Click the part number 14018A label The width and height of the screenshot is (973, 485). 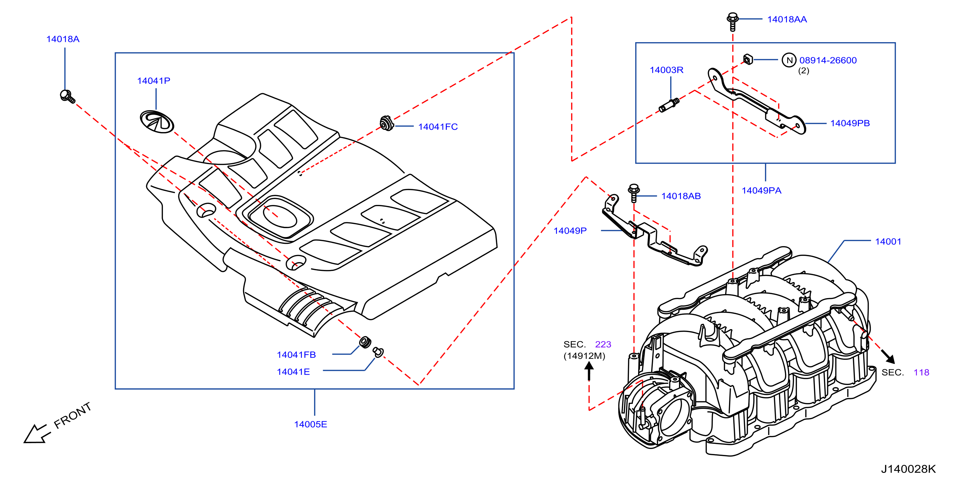63,39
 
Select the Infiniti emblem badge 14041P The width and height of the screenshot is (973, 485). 157,122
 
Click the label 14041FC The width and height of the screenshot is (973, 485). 438,127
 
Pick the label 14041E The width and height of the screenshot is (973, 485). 293,372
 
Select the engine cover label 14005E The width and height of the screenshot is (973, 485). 310,424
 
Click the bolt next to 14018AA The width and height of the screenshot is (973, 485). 732,22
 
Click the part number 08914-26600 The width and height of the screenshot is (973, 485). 828,60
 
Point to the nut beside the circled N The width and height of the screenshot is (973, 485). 748,59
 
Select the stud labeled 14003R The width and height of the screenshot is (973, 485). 669,105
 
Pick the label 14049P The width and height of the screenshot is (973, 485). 570,231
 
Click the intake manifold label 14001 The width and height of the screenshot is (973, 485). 888,242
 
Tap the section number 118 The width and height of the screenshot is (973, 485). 921,373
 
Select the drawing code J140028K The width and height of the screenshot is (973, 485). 909,469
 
